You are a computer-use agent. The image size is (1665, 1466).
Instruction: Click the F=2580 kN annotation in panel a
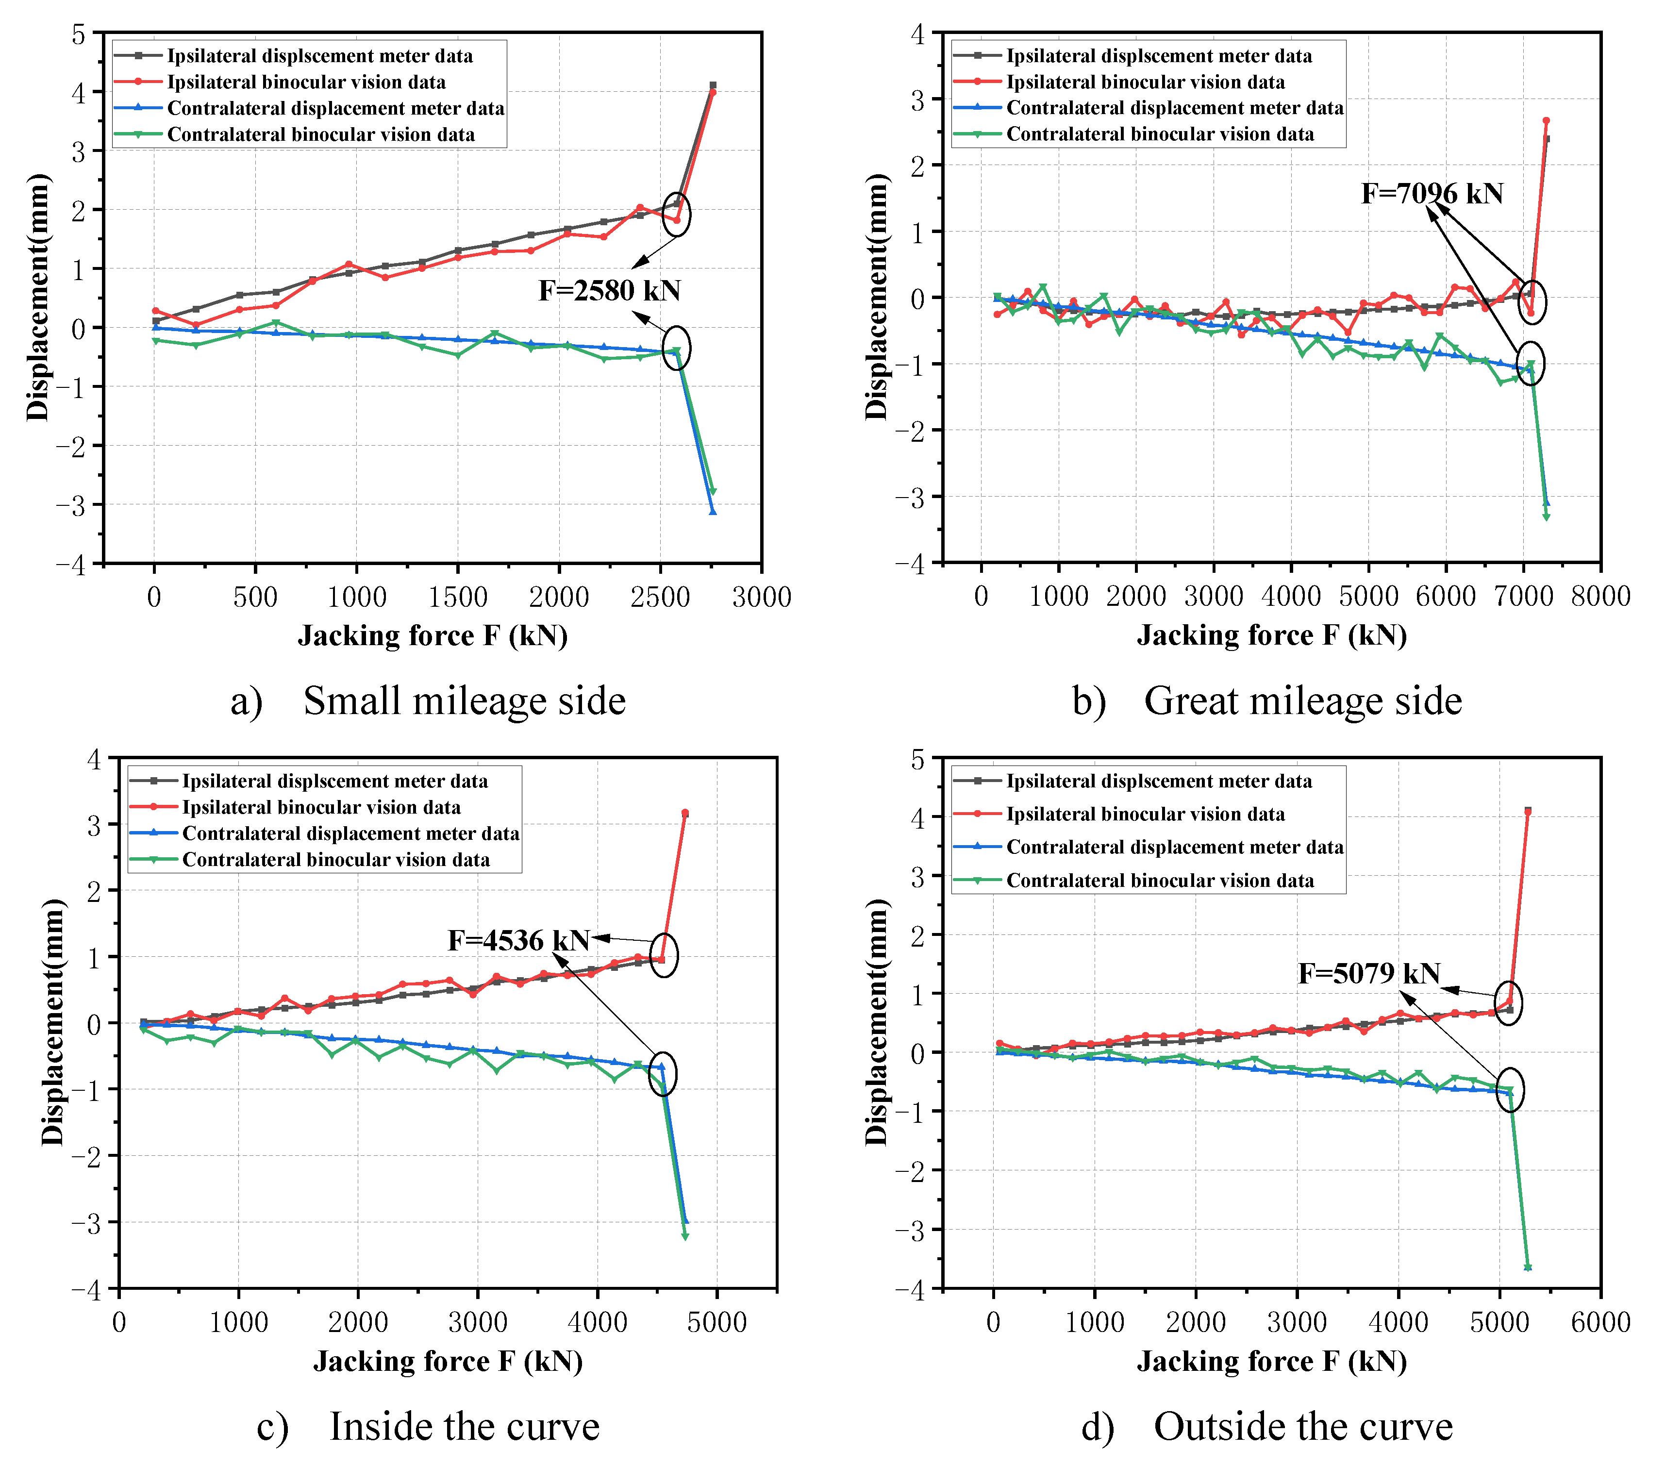[609, 291]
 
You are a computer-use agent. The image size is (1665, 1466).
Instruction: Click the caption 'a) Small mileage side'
[428, 701]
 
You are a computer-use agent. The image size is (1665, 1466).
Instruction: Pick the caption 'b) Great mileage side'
[1266, 701]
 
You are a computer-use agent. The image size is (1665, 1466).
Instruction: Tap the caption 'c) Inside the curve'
[428, 1426]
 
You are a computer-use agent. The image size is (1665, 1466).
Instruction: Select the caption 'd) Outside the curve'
[1266, 1426]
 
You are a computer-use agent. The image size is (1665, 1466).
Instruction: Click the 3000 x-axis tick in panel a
[761, 597]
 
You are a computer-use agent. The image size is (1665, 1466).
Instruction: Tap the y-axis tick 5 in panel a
[78, 34]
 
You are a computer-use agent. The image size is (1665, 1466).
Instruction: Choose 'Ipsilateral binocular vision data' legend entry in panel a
[306, 82]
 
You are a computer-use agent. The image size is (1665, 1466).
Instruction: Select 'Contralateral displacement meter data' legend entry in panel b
[1174, 108]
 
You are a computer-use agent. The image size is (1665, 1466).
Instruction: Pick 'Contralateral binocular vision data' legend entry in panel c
[335, 860]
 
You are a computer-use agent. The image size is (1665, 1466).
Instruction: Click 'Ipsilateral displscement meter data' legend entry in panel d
[1158, 781]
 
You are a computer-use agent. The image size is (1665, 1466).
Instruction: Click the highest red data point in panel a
[712, 92]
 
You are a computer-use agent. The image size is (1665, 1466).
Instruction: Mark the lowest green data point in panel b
[1546, 517]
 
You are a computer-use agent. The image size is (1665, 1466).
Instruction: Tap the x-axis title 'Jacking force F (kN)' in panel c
[448, 1361]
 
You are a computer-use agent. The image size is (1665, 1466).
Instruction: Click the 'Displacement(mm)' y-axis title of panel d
[877, 1022]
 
